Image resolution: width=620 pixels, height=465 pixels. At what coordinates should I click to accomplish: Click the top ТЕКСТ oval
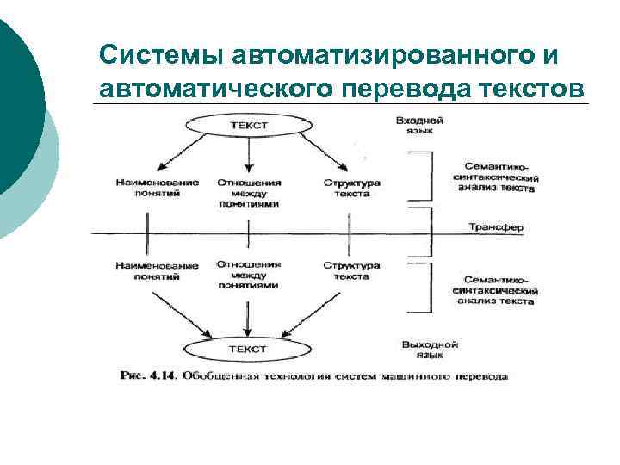point(248,126)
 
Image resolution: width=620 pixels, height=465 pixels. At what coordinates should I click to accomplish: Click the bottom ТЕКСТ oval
point(248,350)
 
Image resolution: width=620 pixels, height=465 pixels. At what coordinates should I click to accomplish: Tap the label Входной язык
point(414,126)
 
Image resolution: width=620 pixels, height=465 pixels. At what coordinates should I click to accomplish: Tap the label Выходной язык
point(430,349)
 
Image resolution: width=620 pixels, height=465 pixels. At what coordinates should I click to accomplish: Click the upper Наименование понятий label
point(157,188)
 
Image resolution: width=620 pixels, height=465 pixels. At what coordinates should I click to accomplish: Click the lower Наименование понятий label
point(157,271)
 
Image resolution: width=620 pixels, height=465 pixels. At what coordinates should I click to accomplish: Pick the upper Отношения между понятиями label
point(248,194)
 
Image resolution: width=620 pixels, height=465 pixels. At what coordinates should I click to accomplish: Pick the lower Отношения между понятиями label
point(248,274)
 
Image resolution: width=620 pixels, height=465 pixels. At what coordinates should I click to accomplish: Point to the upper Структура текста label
point(351,188)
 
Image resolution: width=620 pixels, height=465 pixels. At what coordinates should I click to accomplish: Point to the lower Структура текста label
point(351,271)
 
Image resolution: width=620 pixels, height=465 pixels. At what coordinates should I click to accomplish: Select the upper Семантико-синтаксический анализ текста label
point(496,176)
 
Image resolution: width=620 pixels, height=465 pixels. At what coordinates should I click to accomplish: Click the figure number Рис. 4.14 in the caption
point(147,376)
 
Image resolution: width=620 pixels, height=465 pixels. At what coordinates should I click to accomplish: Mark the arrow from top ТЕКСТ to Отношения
point(248,155)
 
